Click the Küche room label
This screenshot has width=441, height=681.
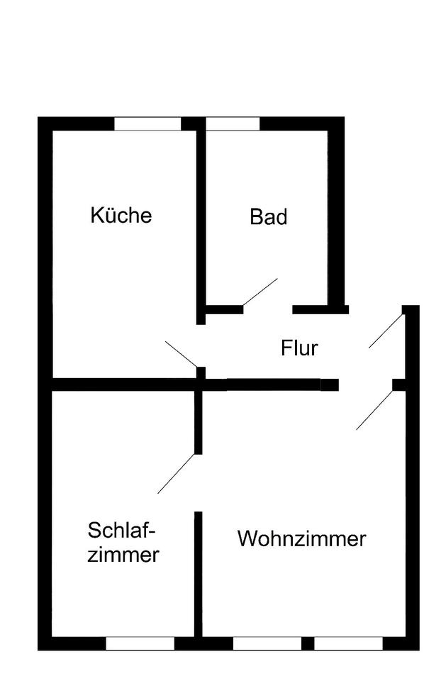pos(121,215)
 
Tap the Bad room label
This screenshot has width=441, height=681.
pos(269,217)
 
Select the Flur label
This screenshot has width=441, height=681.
pos(299,348)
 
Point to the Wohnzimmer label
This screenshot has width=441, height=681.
pos(301,539)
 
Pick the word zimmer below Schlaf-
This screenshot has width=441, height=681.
pos(123,554)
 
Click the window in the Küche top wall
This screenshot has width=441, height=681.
pos(147,124)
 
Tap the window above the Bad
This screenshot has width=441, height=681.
pos(233,124)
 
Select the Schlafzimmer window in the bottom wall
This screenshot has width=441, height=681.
pos(140,643)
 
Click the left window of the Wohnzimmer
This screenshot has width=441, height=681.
pos(267,643)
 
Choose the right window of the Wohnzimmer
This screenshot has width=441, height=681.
pos(348,643)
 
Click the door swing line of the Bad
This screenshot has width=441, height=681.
pos(259,292)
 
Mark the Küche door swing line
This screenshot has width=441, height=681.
pos(181,354)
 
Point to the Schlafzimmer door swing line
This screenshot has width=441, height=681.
pos(176,473)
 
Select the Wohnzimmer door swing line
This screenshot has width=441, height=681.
pos(374,410)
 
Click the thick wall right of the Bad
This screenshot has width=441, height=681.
pos(335,213)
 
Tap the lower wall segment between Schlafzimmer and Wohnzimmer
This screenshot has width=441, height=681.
pos(199,575)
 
